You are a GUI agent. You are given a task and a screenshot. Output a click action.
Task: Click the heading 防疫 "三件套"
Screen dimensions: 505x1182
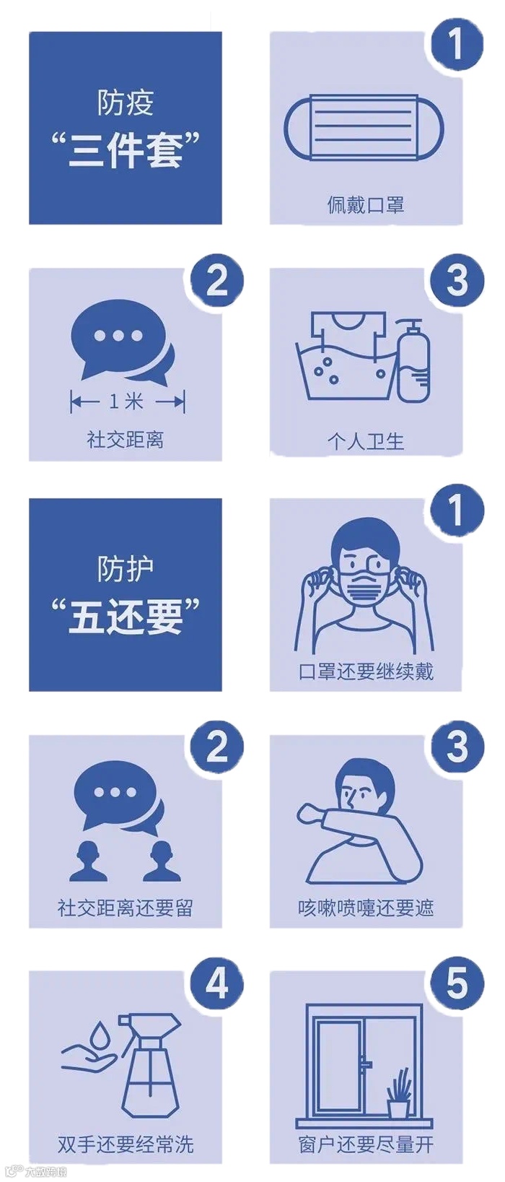[126, 129]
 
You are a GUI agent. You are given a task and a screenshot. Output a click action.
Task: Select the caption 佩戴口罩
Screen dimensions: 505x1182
[366, 204]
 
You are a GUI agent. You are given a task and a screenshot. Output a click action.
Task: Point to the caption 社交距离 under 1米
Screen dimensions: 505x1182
[126, 439]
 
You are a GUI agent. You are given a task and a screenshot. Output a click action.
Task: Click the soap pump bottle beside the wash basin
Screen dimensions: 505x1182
[413, 361]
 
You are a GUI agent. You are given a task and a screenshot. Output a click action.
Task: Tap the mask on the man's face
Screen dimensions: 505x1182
[364, 587]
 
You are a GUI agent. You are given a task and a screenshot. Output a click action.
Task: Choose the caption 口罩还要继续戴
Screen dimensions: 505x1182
[366, 672]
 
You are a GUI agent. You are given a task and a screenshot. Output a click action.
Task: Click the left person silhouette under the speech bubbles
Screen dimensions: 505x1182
[89, 861]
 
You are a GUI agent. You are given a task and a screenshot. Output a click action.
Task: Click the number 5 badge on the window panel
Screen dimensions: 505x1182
[457, 983]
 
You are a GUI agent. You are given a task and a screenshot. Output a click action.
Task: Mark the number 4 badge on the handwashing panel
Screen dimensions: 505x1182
[216, 983]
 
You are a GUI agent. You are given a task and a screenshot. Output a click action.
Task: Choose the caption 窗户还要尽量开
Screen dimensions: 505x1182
[366, 1144]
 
